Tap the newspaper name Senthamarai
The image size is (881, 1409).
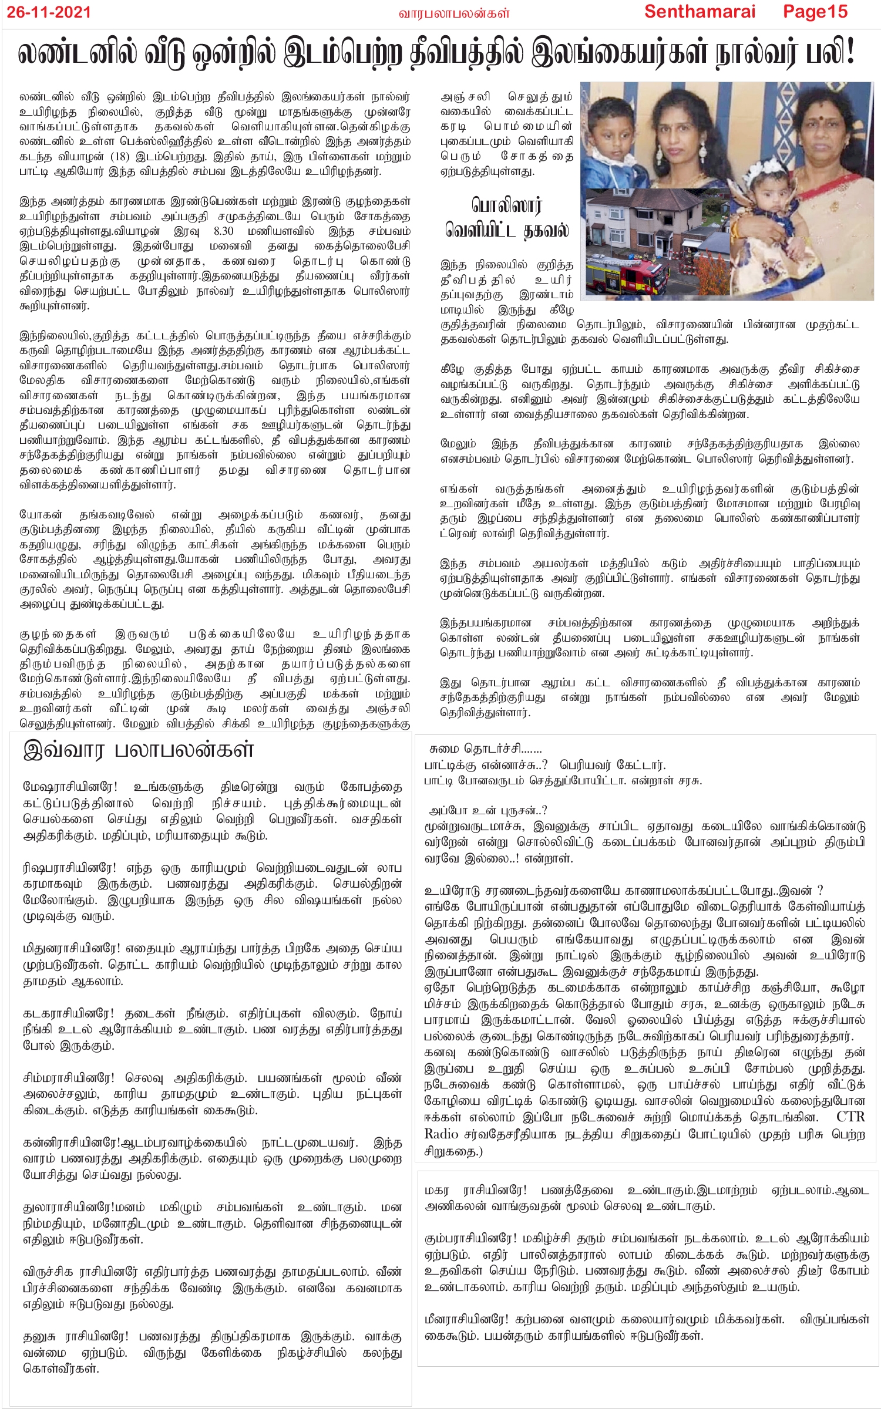(700, 12)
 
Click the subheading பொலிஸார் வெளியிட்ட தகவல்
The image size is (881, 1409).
(506, 218)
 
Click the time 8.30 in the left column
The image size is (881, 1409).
(224, 231)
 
